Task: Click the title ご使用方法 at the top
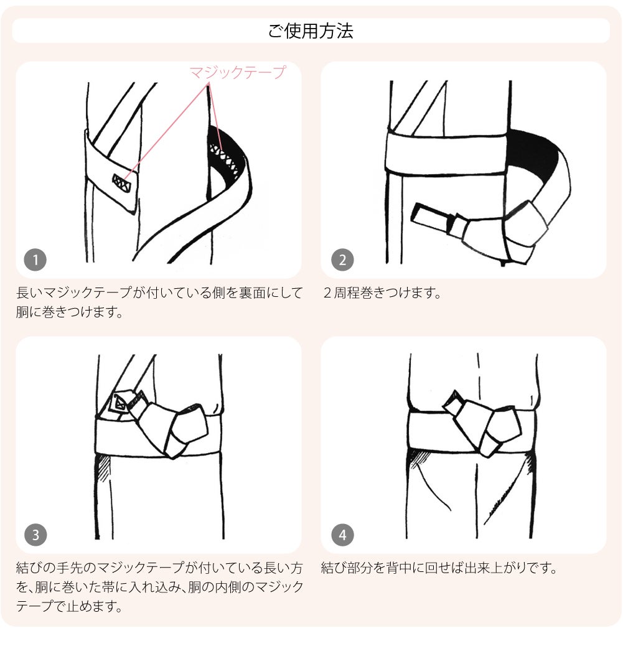pos(311,30)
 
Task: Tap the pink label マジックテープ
pos(237,72)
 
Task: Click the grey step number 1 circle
pos(35,260)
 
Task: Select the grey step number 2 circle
pos(342,260)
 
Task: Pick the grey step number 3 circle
pos(35,535)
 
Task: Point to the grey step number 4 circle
pos(342,535)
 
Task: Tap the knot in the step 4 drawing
pos(484,423)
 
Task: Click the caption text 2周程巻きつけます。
pos(382,293)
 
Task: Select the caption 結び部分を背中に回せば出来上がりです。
pos(439,568)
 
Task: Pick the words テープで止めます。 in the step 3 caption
pos(69,606)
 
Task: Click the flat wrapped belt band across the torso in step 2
pos(446,152)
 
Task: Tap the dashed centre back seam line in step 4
pos(478,378)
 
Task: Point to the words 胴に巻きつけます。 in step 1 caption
pos(69,312)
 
